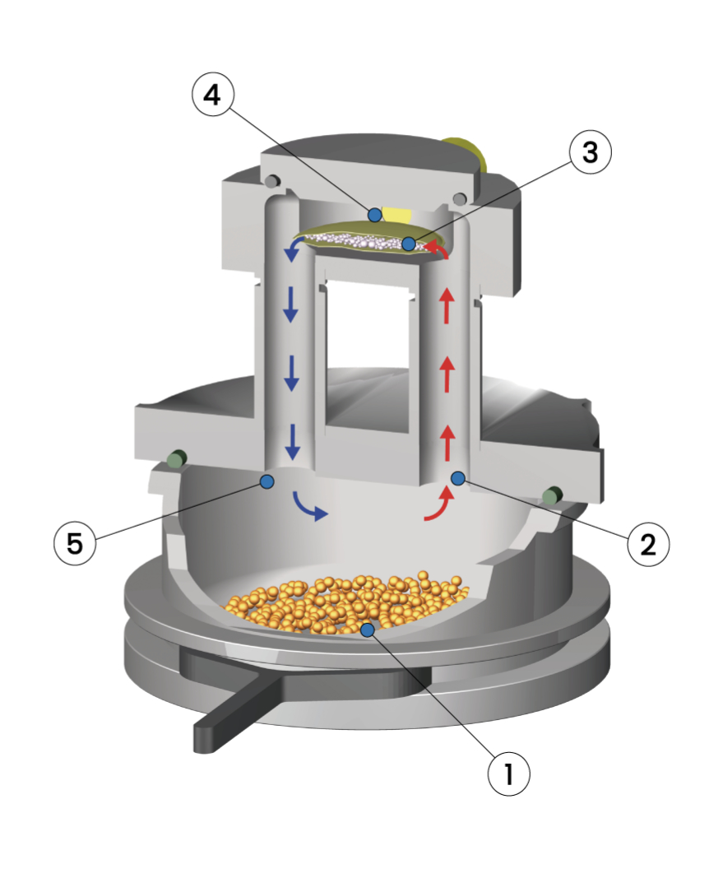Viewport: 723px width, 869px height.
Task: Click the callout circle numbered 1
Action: click(508, 774)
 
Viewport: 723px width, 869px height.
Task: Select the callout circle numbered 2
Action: click(648, 544)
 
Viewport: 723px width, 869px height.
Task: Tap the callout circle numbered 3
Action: click(591, 151)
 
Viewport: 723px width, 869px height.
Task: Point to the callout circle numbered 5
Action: click(75, 543)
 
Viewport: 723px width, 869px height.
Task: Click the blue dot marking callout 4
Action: click(375, 214)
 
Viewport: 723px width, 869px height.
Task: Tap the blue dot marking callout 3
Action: click(409, 244)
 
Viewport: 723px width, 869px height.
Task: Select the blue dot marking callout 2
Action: click(458, 478)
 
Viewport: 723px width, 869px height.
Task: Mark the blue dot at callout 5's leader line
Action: click(267, 481)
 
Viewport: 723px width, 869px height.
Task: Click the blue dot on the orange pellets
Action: click(367, 629)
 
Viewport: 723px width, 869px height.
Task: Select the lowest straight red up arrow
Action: click(447, 443)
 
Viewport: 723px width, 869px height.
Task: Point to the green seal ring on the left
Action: click(177, 459)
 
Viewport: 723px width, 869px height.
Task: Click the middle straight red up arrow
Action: click(447, 374)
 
